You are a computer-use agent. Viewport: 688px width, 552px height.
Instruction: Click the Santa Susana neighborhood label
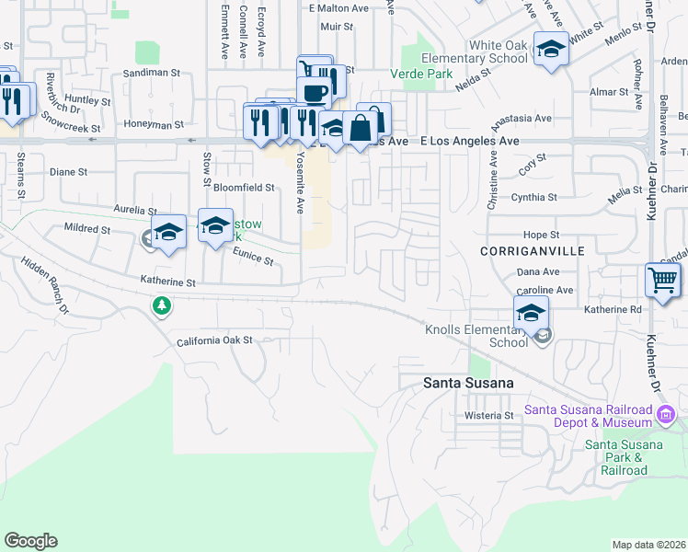click(x=466, y=382)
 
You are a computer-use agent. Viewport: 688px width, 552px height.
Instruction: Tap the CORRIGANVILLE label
click(x=520, y=250)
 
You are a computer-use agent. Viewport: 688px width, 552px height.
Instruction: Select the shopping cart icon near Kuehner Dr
click(x=662, y=280)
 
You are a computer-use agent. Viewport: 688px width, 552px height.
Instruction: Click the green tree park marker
click(x=163, y=305)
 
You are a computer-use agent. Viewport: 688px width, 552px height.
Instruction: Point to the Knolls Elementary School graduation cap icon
click(x=531, y=313)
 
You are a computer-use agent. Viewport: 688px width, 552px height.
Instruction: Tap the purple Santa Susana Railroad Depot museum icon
click(x=669, y=418)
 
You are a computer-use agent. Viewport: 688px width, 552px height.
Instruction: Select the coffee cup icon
click(x=315, y=93)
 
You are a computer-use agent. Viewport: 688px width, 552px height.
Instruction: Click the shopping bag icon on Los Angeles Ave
click(x=360, y=129)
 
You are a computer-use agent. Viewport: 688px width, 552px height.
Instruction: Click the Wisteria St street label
click(x=488, y=416)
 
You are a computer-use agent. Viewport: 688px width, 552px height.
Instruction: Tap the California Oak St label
click(x=214, y=340)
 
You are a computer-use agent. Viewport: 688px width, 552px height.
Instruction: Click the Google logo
click(x=30, y=541)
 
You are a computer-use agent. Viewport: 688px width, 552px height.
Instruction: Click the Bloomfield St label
click(x=244, y=187)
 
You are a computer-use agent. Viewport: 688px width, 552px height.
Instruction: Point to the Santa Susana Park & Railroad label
click(x=625, y=457)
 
